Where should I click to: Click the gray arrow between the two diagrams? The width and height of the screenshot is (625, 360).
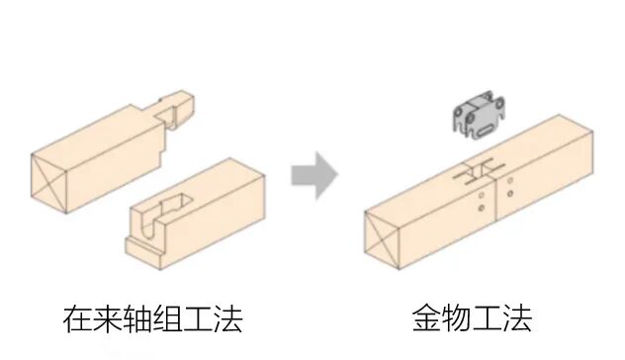(x=314, y=177)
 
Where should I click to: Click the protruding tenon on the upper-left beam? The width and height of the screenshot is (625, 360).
(x=178, y=109)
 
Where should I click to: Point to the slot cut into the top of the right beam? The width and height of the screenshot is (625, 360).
(x=476, y=169)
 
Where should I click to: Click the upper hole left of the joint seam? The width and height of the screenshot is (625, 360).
(x=480, y=194)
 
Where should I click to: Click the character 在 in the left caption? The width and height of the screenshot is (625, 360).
(x=76, y=319)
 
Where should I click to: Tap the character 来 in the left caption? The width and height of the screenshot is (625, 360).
(x=111, y=319)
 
